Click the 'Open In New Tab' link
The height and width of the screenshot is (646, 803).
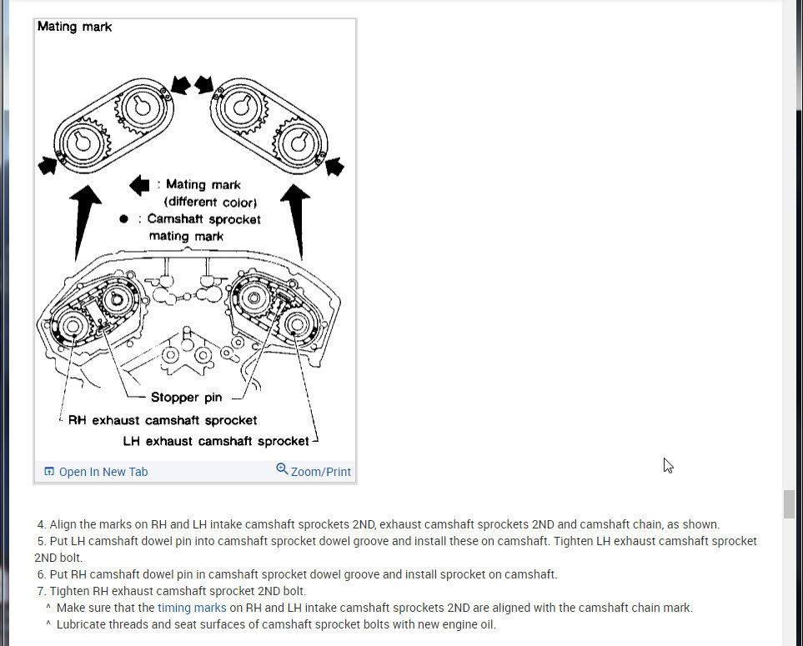103,472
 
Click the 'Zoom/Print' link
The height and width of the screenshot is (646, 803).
320,472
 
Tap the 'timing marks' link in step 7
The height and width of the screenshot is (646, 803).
192,608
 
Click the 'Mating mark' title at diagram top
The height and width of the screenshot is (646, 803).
75,27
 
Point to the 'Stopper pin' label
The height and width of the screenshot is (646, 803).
186,398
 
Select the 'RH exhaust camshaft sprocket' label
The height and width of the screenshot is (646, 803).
163,420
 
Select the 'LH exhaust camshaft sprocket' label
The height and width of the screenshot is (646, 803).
216,441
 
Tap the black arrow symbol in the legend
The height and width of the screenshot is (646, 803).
139,185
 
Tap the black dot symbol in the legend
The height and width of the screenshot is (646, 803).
123,219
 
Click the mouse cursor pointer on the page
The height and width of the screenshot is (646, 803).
668,465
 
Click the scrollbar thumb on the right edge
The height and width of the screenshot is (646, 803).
788,505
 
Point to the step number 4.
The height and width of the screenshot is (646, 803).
41,524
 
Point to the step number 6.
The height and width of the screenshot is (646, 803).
41,574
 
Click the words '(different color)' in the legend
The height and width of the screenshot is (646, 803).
210,202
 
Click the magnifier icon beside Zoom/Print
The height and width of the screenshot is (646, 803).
282,470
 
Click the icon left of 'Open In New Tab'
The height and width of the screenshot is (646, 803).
49,472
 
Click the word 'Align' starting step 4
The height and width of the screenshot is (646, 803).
63,524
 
